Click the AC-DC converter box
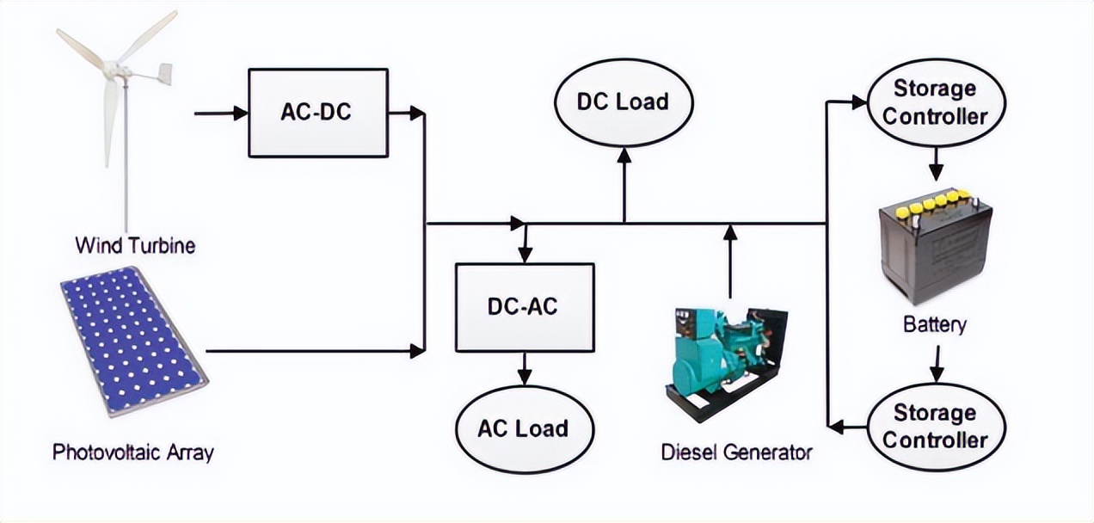coord(317,113)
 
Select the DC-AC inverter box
coord(524,307)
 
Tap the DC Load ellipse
coord(623,102)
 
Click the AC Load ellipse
coord(524,428)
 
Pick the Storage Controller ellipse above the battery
coord(935,102)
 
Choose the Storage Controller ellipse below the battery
coord(935,427)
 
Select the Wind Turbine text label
coord(135,246)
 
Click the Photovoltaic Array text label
coord(132,452)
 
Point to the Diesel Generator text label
coord(736,452)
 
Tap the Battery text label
coord(935,325)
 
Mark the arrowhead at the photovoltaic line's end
coord(417,351)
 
